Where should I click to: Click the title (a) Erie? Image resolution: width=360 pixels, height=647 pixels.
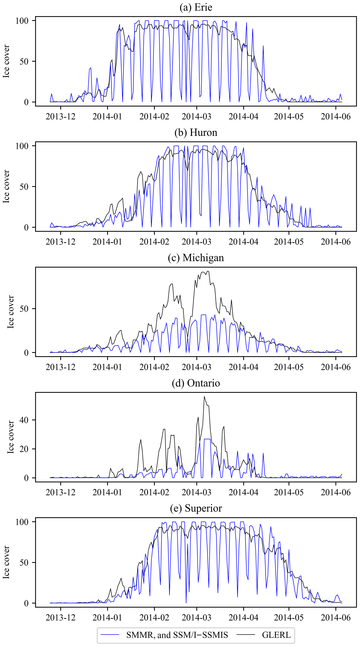click(196, 7)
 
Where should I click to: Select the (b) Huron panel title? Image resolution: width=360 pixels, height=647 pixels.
click(196, 132)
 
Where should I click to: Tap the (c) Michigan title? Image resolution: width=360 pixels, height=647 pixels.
click(196, 258)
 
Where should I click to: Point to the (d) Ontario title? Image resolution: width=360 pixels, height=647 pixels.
click(196, 383)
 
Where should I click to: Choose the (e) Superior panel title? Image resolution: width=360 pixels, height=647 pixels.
click(196, 508)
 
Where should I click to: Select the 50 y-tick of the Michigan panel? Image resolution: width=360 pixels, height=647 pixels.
click(24, 309)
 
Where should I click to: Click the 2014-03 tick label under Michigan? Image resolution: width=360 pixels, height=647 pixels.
click(196, 367)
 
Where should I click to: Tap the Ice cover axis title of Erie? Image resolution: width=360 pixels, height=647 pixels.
click(6, 61)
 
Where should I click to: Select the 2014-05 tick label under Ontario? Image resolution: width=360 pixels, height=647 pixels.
click(289, 492)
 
